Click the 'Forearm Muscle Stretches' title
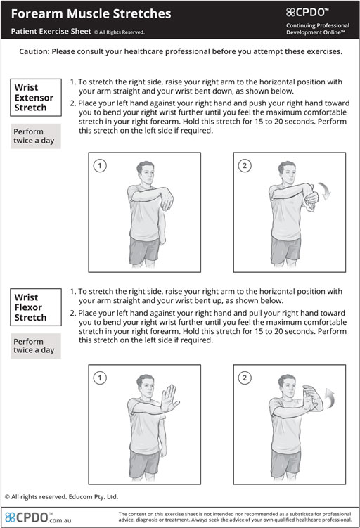click(91, 14)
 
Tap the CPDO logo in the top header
click(307, 13)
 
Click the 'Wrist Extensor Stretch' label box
click(36, 97)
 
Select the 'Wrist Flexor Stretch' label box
click(36, 307)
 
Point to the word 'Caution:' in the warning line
click(34, 51)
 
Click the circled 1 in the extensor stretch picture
click(100, 166)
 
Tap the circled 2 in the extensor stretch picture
click(245, 166)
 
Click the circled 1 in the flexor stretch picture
click(100, 378)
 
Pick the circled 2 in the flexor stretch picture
click(245, 378)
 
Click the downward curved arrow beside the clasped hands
click(326, 191)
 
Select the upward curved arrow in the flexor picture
click(330, 397)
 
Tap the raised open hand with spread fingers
click(169, 398)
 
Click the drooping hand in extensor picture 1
click(167, 200)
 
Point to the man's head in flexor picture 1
click(146, 386)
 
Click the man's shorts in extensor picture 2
click(285, 250)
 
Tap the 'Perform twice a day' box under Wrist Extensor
click(36, 136)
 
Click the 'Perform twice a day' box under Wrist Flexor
click(36, 346)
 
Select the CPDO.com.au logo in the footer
click(38, 517)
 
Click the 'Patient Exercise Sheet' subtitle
click(51, 32)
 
